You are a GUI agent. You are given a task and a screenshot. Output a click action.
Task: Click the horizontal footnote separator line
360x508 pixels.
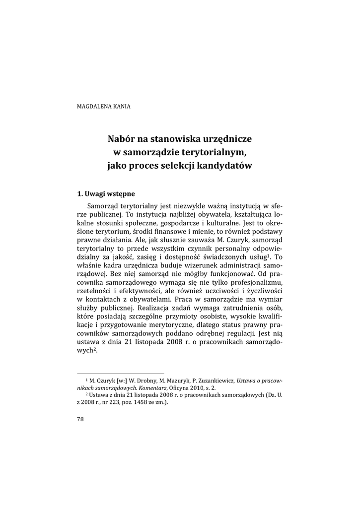point(121,374)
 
